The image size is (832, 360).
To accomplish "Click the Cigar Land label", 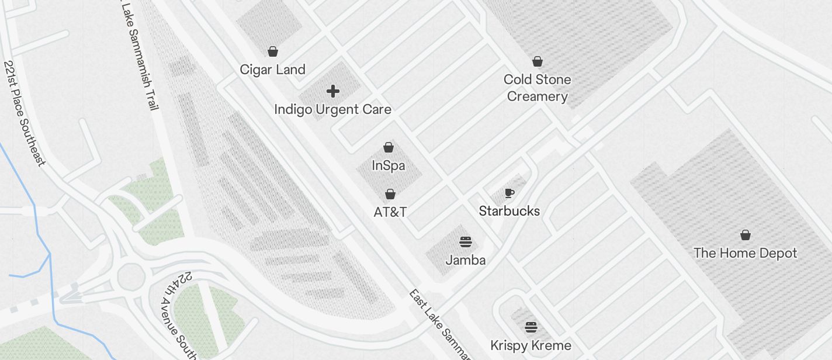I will pos(273,70).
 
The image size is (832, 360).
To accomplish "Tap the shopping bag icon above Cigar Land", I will pos(273,51).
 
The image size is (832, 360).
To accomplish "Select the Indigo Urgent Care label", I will pos(332,109).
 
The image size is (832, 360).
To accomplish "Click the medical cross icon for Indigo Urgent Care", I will pos(332,91).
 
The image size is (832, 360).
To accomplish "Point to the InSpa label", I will pos(389,165).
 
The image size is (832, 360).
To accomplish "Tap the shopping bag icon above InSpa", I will pos(389,147).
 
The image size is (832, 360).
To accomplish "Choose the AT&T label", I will pos(390,212).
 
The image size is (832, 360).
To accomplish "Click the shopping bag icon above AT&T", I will pos(390,194).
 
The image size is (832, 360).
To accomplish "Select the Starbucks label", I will pos(509,211).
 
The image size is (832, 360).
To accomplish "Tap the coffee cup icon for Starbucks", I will pos(509,193).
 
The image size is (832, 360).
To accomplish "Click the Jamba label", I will pos(466,259).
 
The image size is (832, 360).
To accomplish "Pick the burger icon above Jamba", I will pos(466,241).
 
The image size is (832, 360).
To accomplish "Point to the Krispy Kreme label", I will pos(531,345).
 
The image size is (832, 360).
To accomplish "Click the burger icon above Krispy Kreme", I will pos(531,327).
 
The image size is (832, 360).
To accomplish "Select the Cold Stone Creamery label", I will pos(538,88).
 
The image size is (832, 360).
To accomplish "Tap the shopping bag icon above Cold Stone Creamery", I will pos(538,61).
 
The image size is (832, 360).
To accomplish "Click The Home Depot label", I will pos(745,253).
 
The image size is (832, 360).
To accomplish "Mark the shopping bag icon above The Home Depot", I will pos(745,235).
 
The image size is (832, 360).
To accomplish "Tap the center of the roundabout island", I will pos(131,276).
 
